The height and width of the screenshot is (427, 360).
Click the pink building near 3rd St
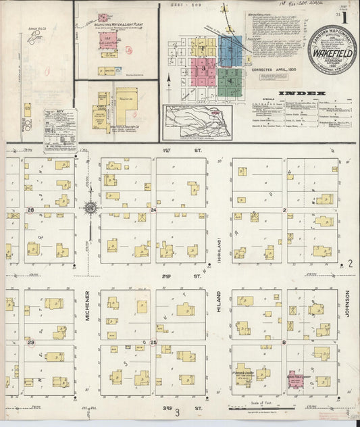click(x=295, y=380)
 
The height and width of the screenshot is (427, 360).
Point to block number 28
click(x=30, y=211)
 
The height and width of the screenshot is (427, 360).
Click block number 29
click(x=30, y=343)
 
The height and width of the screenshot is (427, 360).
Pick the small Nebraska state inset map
click(x=197, y=121)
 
